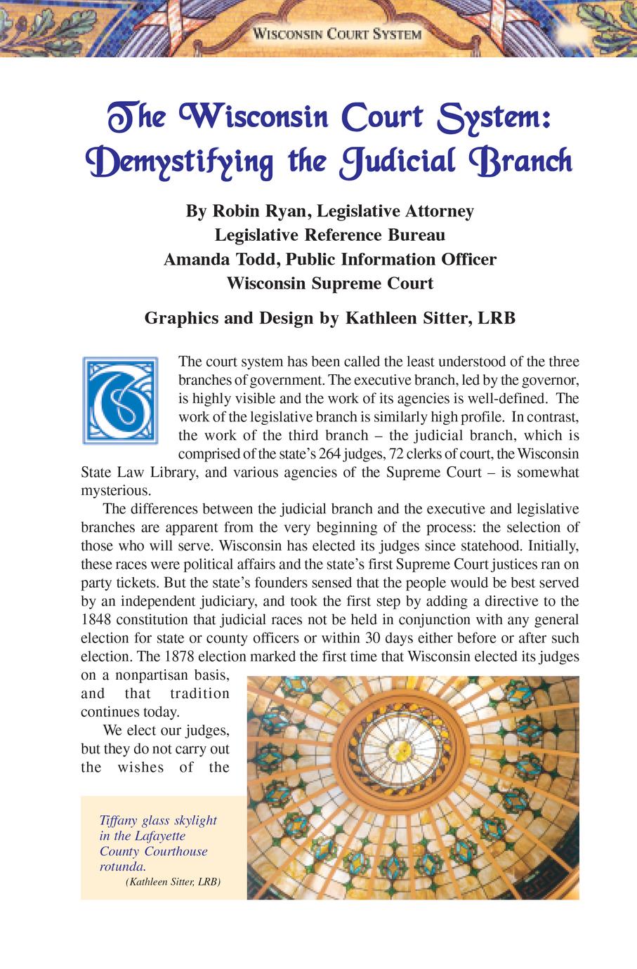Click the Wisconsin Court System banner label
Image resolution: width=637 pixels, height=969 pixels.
pyautogui.click(x=336, y=34)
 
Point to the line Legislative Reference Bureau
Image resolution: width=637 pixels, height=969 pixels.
pyautogui.click(x=329, y=235)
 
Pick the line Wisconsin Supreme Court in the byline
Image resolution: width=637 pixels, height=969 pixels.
pyautogui.click(x=329, y=283)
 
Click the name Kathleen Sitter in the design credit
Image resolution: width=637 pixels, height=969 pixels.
pyautogui.click(x=407, y=318)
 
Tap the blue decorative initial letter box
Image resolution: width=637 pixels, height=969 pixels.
pyautogui.click(x=120, y=400)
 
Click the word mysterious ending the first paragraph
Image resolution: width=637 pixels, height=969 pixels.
pyautogui.click(x=114, y=490)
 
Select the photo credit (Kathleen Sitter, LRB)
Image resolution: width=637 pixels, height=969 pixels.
pyautogui.click(x=173, y=881)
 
